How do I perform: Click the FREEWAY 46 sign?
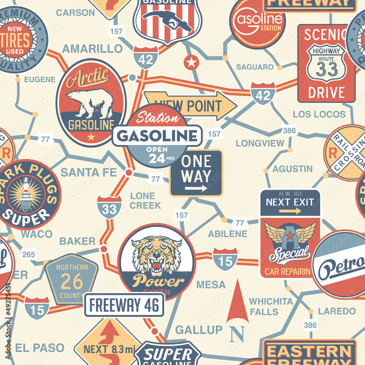point(124,305)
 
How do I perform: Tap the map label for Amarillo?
point(92,49)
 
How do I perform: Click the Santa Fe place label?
point(89,172)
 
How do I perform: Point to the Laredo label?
point(337,311)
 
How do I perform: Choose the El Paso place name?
point(40,347)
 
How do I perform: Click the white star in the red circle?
point(191,62)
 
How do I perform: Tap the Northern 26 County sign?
point(72,279)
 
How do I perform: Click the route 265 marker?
point(28,254)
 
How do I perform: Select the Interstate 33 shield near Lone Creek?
point(109,207)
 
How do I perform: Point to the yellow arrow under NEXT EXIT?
point(290,211)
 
